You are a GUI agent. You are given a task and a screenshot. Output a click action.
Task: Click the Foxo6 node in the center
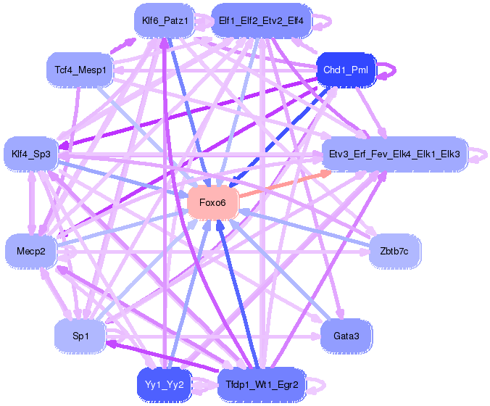(x=213, y=202)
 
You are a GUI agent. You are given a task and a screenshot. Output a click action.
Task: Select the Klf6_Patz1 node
(x=165, y=20)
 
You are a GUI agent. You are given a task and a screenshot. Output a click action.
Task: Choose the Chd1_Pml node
(x=346, y=70)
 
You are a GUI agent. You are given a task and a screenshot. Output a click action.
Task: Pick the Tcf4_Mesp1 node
(x=80, y=70)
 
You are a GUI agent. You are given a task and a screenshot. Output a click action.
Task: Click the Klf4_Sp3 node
(x=31, y=154)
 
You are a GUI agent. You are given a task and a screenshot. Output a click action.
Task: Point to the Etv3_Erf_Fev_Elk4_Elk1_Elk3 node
(x=394, y=154)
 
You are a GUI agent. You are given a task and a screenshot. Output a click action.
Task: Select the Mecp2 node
(x=31, y=252)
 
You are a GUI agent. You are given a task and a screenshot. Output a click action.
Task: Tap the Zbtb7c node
(x=394, y=252)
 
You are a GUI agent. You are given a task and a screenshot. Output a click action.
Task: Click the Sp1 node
(x=80, y=336)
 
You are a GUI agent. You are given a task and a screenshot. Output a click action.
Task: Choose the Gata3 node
(x=346, y=336)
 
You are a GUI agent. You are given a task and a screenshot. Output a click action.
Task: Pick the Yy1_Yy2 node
(x=165, y=384)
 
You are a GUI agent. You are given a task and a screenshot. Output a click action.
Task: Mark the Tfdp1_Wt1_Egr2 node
(x=262, y=384)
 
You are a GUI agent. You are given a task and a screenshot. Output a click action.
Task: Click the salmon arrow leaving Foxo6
(x=283, y=183)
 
